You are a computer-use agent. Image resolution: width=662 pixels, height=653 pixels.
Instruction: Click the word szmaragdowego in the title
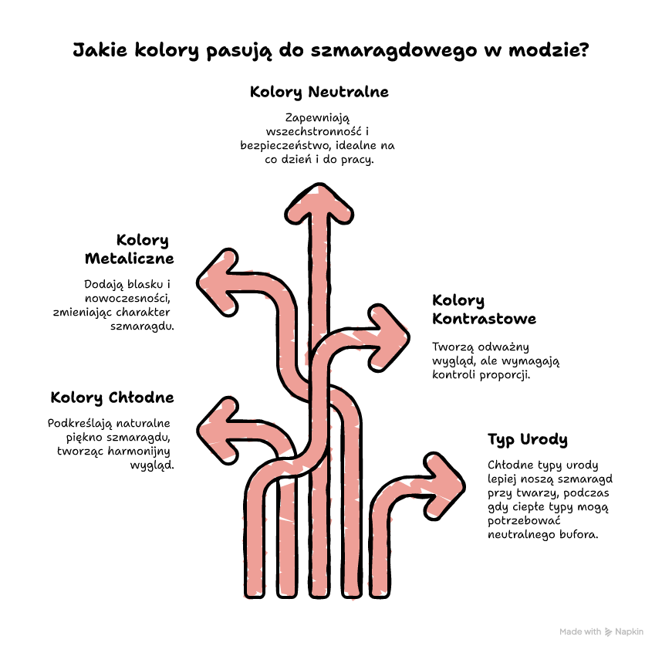click(394, 51)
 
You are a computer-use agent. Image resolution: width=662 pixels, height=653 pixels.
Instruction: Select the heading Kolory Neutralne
click(319, 92)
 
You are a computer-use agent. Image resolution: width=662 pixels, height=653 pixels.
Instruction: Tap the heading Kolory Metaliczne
click(129, 249)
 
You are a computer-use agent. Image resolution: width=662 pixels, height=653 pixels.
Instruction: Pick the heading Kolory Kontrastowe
click(484, 310)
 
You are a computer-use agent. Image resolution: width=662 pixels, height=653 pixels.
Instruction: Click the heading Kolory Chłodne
click(113, 398)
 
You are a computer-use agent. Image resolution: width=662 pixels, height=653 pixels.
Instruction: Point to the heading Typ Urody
click(528, 440)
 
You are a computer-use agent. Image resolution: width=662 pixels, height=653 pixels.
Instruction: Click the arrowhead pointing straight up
click(319, 203)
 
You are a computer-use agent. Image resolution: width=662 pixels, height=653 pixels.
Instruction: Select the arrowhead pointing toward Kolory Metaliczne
click(217, 283)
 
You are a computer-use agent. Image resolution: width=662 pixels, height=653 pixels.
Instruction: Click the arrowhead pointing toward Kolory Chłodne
click(217, 431)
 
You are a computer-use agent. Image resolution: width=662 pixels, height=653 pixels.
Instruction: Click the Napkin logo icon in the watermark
click(609, 632)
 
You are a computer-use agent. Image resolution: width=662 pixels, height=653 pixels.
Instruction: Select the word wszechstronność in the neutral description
click(314, 131)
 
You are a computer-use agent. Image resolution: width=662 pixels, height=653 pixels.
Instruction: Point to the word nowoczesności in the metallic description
click(127, 299)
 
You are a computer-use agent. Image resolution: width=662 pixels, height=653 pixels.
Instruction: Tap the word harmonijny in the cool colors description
click(139, 452)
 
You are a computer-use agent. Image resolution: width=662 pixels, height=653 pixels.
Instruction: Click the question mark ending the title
click(584, 49)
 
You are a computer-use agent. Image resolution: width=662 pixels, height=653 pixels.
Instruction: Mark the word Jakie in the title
click(100, 50)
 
